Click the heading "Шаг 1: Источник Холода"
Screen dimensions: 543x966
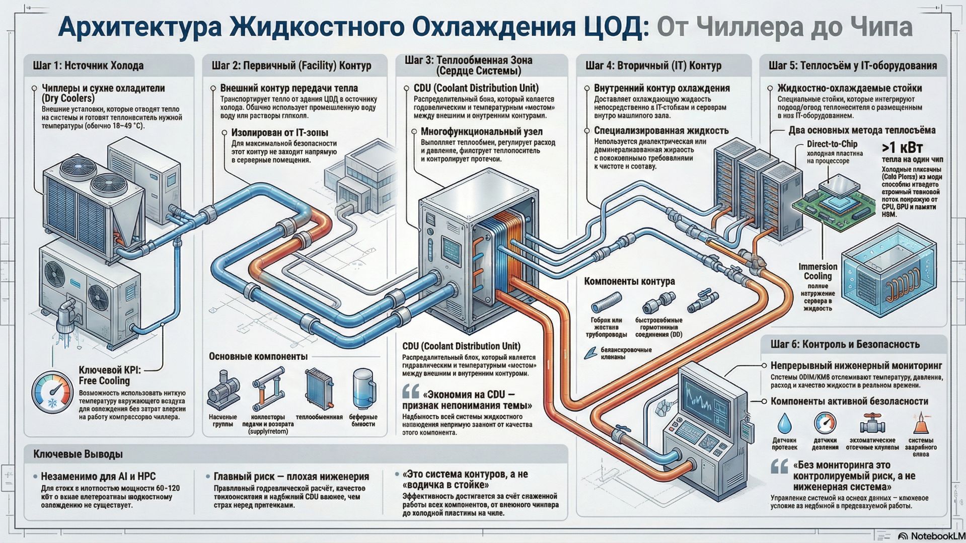pyautogui.click(x=88, y=65)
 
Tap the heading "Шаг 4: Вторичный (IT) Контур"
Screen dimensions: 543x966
pyautogui.click(x=653, y=65)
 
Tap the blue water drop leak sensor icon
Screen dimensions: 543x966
pyautogui.click(x=784, y=423)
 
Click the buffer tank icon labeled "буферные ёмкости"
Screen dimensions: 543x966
pyautogui.click(x=363, y=389)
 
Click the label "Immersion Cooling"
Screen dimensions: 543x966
pyautogui.click(x=818, y=271)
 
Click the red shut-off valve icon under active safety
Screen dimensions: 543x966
pyautogui.click(x=872, y=423)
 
